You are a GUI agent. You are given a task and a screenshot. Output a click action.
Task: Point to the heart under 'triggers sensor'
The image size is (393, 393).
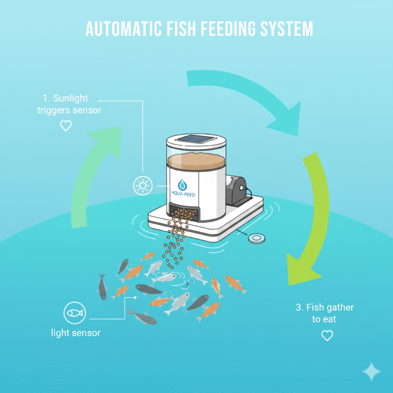coord(65,126)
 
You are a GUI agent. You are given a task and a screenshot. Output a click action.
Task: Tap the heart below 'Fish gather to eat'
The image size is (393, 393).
coord(327,335)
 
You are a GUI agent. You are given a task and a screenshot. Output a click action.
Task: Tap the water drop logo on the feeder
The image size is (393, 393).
coord(183,184)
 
